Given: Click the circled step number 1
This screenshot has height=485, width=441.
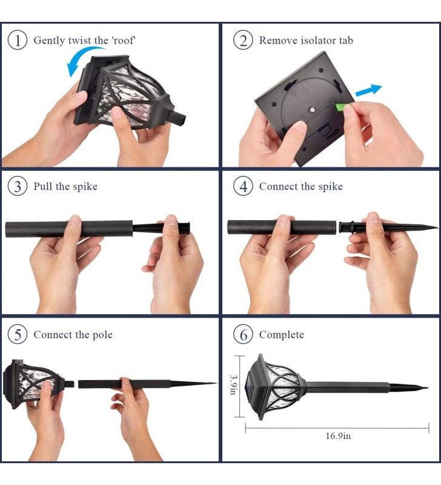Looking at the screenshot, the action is click(x=18, y=40).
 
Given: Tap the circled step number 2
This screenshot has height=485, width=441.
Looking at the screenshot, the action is click(x=243, y=40).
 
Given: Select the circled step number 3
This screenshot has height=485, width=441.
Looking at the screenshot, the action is click(x=18, y=187).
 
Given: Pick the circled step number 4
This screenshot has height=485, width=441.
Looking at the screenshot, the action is click(x=243, y=187).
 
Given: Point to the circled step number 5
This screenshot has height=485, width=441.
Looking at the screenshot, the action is click(x=18, y=335).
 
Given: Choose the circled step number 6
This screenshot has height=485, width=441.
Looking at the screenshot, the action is click(x=243, y=335).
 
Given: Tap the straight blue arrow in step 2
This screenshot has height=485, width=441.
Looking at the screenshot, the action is click(x=369, y=90).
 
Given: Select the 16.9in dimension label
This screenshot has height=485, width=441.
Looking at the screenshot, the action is click(x=338, y=436).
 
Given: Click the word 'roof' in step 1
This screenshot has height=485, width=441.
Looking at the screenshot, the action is click(x=123, y=40).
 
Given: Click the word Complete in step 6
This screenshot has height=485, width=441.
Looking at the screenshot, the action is click(x=282, y=335).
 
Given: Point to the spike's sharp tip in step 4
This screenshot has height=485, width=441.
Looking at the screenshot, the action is click(x=437, y=228).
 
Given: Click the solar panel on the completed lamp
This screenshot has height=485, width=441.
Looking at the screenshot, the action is click(x=251, y=385).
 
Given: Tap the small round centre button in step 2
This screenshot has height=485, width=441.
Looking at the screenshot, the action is click(x=312, y=110).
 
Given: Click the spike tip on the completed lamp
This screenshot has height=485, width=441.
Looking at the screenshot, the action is click(x=428, y=387).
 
